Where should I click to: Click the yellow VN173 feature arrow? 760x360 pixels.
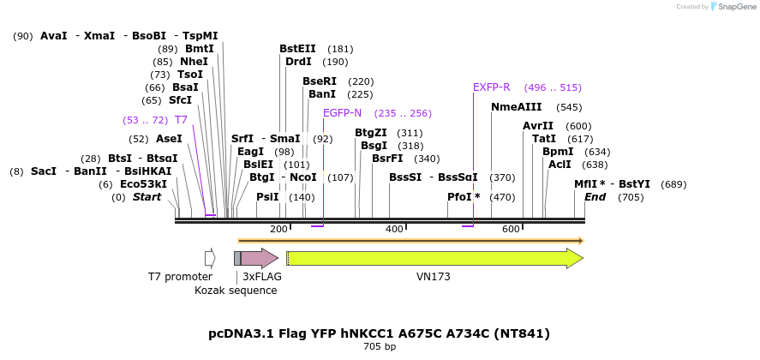tap(434, 258)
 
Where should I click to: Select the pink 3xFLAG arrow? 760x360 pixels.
tap(260, 258)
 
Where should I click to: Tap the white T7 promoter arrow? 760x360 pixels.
tap(210, 258)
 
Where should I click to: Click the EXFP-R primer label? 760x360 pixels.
tap(492, 87)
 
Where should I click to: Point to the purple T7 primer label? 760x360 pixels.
tap(181, 120)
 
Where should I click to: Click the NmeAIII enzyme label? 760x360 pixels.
tap(516, 107)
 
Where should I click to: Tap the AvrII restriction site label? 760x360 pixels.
tap(538, 126)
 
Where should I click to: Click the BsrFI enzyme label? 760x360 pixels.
tap(388, 159)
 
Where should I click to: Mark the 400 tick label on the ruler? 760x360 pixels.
tap(394, 230)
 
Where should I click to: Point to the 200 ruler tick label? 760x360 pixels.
tap(278, 230)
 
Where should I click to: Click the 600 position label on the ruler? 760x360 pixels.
tap(511, 230)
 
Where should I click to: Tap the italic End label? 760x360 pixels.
tap(595, 197)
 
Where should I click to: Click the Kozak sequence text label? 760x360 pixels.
tap(236, 291)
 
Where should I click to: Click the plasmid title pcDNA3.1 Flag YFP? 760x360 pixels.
tap(379, 333)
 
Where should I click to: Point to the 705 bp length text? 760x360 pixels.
tap(379, 347)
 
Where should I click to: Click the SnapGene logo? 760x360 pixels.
tap(729, 7)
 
